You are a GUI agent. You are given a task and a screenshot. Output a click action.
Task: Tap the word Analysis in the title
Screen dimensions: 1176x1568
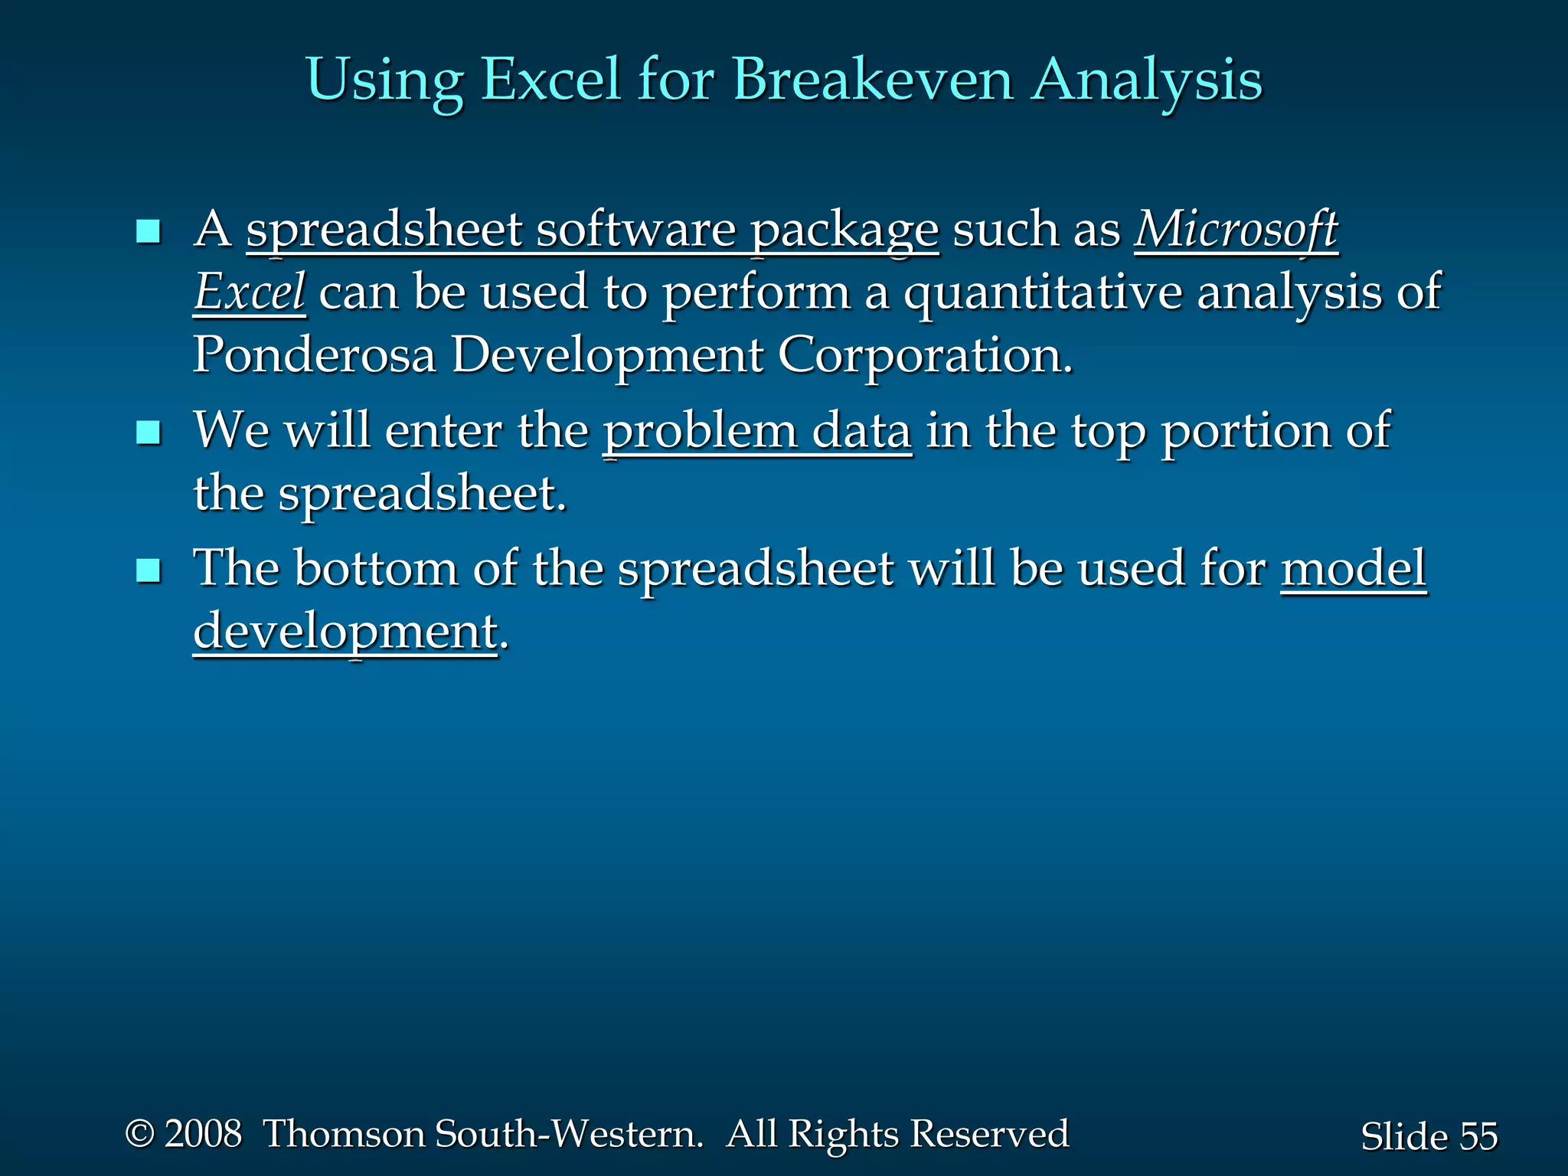(1146, 80)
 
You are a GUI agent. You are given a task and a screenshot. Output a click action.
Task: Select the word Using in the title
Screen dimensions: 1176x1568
(384, 80)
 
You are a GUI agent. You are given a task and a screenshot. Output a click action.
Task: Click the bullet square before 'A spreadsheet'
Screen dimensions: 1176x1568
(148, 231)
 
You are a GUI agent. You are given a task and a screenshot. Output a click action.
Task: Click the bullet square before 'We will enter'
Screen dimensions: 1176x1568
(148, 433)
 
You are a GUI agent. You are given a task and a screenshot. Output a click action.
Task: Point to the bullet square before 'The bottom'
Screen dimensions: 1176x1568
(148, 570)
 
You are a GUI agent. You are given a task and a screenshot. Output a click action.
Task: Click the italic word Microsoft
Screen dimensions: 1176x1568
(1236, 230)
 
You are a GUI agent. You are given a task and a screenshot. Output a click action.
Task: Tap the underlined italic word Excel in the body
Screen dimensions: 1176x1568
(250, 292)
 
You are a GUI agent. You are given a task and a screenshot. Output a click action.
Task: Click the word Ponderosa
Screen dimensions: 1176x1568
(314, 355)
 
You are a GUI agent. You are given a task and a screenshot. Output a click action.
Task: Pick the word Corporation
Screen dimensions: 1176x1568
(925, 355)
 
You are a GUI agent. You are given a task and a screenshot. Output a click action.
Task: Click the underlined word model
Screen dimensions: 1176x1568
(1353, 568)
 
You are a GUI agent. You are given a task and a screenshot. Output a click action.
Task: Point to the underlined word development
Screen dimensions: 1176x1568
(345, 632)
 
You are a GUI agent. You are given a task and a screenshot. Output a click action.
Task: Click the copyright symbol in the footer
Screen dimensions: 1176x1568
(139, 1133)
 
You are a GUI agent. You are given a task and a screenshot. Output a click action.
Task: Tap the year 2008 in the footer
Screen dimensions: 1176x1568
(203, 1133)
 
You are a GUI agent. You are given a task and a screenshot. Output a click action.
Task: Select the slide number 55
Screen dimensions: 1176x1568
(1478, 1136)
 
